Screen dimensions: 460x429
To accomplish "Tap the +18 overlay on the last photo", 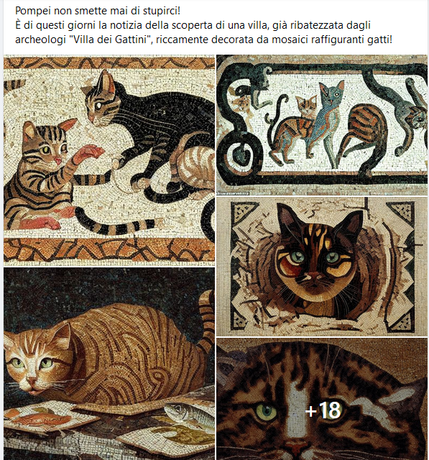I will (322, 410).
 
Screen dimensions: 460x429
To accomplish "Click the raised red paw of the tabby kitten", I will (89, 152).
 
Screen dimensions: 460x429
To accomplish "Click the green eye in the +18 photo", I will (266, 412).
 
